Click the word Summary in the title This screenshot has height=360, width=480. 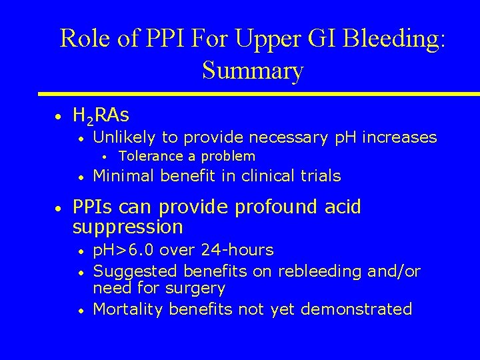click(x=253, y=70)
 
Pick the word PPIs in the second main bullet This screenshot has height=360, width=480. click(x=93, y=207)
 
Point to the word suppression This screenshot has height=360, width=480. click(x=127, y=227)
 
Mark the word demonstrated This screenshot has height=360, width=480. click(x=357, y=309)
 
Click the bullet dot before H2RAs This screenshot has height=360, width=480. click(x=59, y=117)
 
